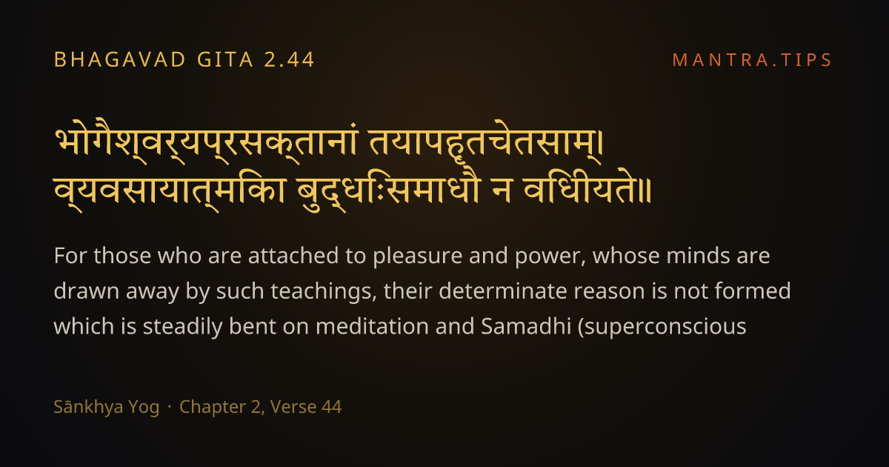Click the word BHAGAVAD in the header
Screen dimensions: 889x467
click(x=119, y=60)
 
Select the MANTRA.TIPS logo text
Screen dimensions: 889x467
click(x=752, y=60)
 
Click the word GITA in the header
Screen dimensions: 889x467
click(x=225, y=60)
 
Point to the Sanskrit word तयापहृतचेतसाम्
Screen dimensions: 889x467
click(x=486, y=142)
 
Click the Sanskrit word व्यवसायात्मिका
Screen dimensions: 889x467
click(x=170, y=191)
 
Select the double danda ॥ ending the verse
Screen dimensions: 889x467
click(x=646, y=191)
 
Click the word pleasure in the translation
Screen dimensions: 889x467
click(x=418, y=256)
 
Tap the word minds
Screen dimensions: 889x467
click(x=698, y=255)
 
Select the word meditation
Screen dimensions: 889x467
click(x=372, y=326)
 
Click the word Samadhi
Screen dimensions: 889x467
click(x=526, y=326)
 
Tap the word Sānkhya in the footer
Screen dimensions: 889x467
click(x=107, y=408)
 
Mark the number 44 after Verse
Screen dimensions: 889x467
click(x=331, y=407)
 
